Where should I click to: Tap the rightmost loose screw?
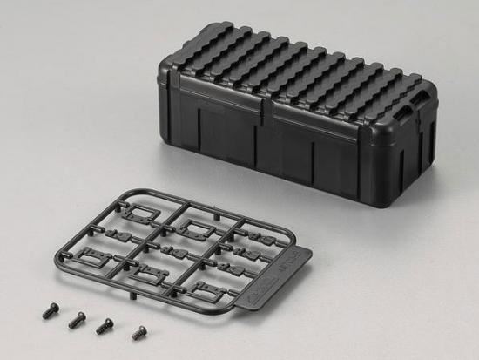click(x=139, y=332)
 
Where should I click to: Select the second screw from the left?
click(x=77, y=320)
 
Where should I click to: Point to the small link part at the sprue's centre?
click(x=171, y=252)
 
